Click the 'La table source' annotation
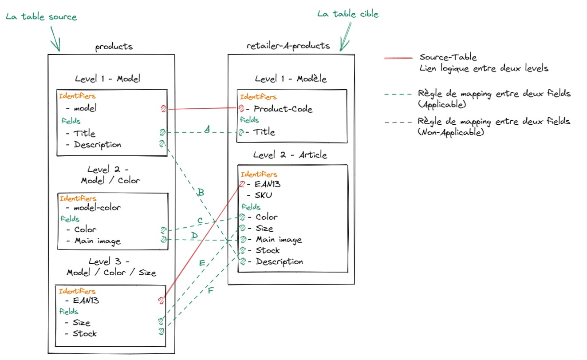click(41, 17)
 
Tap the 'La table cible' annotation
click(347, 14)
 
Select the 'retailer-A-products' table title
click(288, 46)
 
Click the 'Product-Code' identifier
click(283, 109)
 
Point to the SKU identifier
click(264, 195)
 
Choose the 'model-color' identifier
click(97, 207)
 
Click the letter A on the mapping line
click(206, 129)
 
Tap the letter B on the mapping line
click(201, 192)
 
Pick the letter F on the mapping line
click(211, 291)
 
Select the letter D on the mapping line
click(194, 235)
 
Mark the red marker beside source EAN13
click(161, 301)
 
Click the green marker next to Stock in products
click(162, 331)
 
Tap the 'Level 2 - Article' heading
click(290, 155)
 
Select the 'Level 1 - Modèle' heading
click(291, 79)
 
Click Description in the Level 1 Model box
click(97, 145)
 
